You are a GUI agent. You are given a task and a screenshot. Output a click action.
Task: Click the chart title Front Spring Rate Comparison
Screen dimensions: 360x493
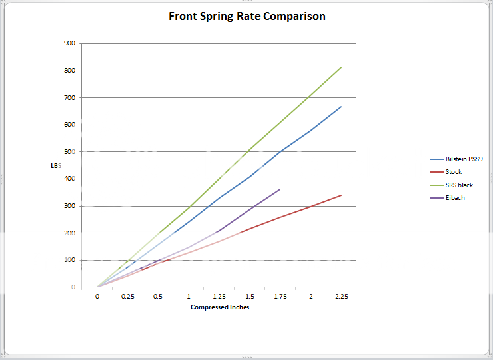[x=247, y=16]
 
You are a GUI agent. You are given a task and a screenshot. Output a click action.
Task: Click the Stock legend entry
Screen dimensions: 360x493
[x=453, y=172]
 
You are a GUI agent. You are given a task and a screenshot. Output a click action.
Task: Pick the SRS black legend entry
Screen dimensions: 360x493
[x=459, y=185]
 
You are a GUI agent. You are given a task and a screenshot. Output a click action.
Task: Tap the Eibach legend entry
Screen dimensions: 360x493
[x=455, y=198]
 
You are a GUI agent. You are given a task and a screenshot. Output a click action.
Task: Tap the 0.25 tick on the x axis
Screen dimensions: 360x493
[x=128, y=297]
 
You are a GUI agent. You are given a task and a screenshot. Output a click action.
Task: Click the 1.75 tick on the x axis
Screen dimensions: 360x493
[x=280, y=297]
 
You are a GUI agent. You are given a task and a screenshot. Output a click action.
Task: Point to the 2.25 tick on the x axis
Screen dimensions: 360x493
[x=341, y=297]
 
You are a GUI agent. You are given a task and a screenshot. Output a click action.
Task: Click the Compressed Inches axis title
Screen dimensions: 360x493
[x=220, y=307]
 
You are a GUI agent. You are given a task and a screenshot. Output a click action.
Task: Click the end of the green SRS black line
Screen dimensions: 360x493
[x=341, y=67]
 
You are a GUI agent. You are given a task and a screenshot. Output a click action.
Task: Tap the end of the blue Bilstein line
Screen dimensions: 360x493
[x=341, y=107]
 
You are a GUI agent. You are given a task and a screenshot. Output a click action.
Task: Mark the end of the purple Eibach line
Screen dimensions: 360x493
[x=280, y=189]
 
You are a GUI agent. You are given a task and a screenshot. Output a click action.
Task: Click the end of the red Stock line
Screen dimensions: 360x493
[x=341, y=195]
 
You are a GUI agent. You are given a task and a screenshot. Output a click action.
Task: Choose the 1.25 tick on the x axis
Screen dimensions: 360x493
[x=219, y=297]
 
